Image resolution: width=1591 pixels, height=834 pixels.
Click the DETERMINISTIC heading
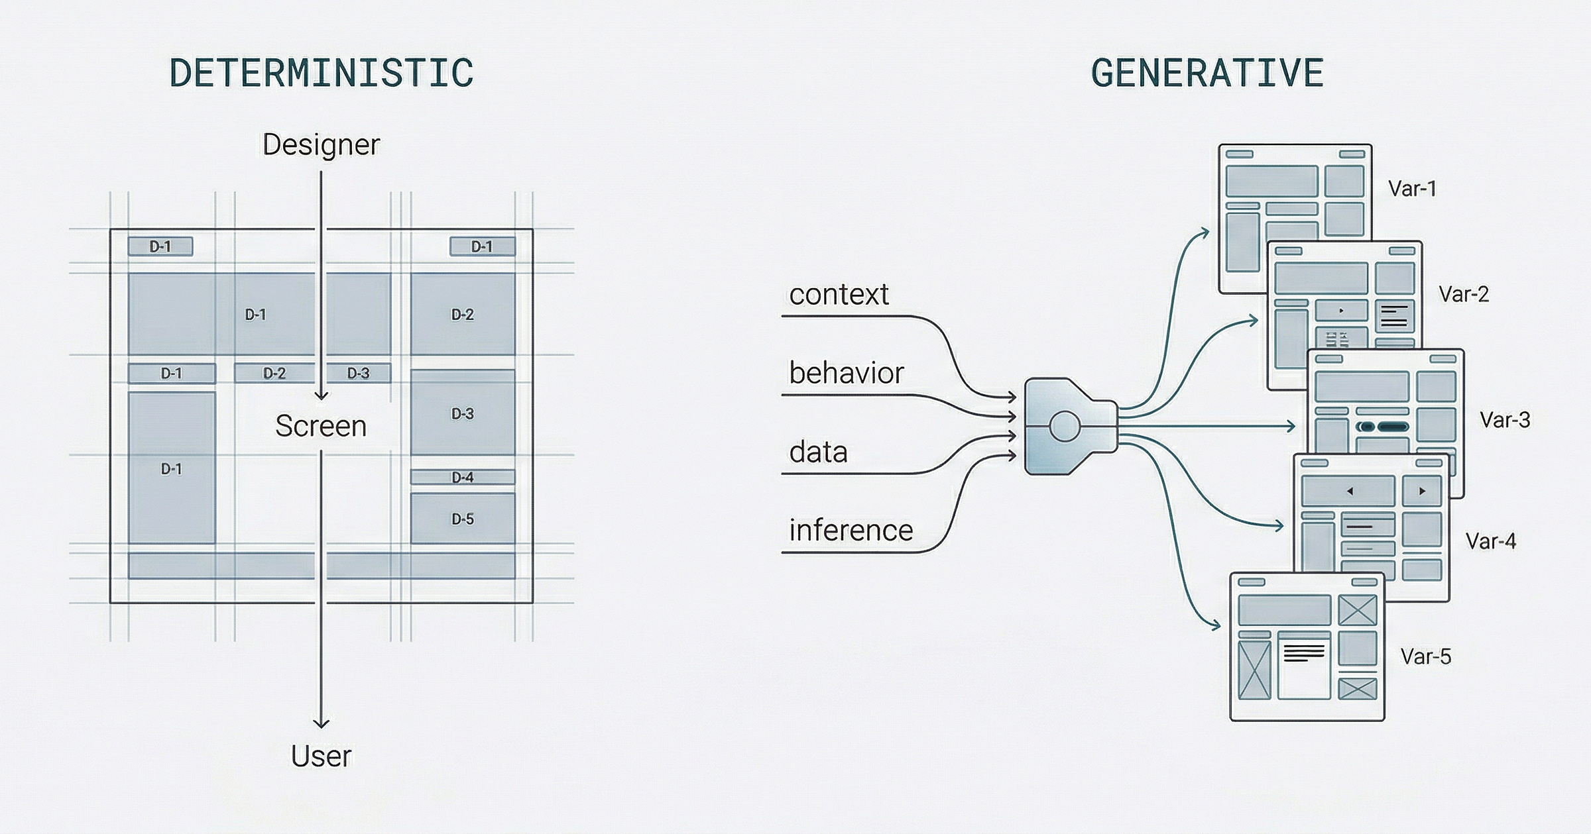tap(322, 73)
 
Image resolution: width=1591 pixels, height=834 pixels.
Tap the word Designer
tap(321, 144)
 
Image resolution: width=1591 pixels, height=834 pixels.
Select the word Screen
tap(321, 426)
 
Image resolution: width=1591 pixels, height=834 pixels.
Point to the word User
tap(321, 756)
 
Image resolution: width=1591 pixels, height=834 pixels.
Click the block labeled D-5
tap(462, 519)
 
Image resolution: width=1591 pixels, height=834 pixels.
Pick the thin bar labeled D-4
tap(462, 477)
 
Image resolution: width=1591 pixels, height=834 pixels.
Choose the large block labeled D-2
tap(462, 315)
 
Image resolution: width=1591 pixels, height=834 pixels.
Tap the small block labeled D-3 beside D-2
tap(359, 373)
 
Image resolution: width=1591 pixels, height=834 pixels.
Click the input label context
tap(839, 294)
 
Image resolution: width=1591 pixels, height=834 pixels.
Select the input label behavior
tap(846, 373)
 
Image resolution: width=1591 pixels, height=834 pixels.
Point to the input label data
tap(818, 452)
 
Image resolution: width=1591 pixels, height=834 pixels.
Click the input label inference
tap(851, 531)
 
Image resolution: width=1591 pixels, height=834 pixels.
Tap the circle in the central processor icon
tap(1065, 427)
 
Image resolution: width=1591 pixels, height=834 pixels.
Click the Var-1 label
tap(1412, 189)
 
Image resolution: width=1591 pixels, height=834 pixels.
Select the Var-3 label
tap(1505, 420)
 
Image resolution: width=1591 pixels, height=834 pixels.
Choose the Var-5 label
tap(1425, 656)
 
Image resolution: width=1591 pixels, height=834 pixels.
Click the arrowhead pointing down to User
tap(321, 723)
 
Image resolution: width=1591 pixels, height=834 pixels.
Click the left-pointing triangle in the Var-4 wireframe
tap(1349, 492)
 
